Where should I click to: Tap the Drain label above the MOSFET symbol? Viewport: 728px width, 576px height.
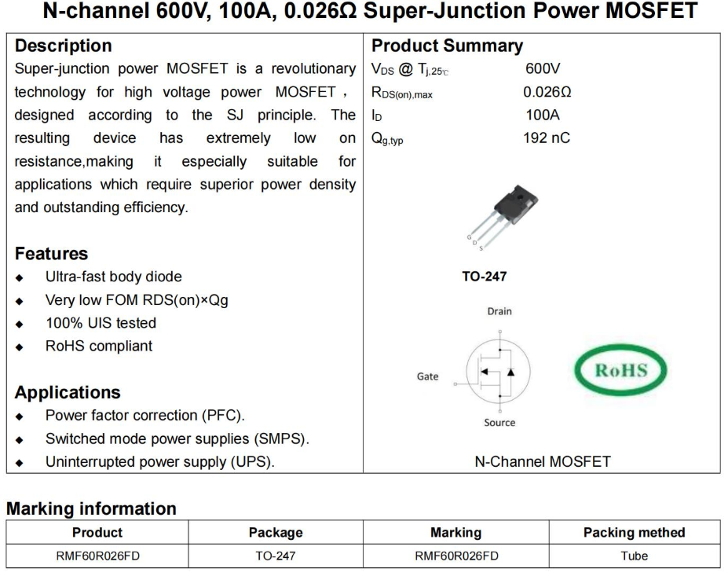(499, 311)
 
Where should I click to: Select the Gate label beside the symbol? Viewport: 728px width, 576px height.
(427, 376)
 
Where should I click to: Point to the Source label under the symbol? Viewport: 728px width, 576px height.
(499, 423)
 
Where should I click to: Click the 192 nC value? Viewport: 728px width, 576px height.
(547, 138)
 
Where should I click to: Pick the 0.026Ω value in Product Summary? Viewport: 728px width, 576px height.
(547, 92)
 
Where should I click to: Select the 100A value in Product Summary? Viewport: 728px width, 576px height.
(543, 116)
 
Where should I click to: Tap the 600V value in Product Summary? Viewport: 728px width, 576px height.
(543, 69)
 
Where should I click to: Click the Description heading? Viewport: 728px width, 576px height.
(64, 46)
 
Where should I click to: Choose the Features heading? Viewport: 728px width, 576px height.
(51, 254)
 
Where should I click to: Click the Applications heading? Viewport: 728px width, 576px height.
(68, 392)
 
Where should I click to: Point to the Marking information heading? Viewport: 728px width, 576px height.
(91, 508)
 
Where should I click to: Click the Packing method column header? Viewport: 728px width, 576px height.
(634, 533)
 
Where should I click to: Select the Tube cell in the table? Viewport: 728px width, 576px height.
(634, 556)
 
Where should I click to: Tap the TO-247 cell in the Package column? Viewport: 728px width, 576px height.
(276, 556)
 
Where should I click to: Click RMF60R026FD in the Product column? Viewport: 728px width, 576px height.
(97, 556)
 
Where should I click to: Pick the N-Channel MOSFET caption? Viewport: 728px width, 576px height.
(542, 462)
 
